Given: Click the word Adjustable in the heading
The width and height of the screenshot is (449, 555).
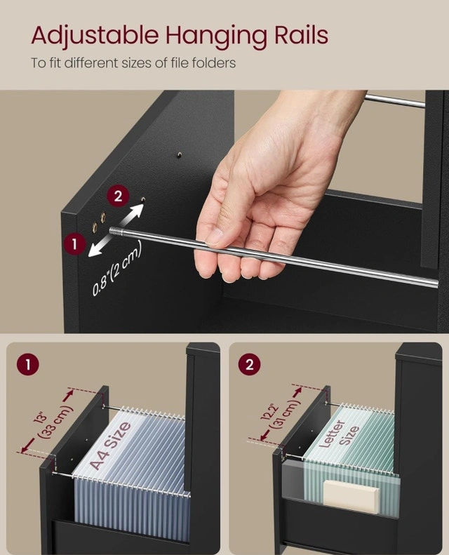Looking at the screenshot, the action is [x=95, y=35].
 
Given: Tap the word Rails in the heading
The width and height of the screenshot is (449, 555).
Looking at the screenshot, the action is [x=301, y=35].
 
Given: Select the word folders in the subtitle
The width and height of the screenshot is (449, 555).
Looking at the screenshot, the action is [x=214, y=63].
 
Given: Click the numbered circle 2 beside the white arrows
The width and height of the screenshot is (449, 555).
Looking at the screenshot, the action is [x=118, y=196].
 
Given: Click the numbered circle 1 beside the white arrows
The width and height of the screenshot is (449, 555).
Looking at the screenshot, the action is [x=74, y=243].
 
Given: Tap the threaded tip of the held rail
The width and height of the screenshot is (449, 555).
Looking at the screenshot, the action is [x=115, y=231].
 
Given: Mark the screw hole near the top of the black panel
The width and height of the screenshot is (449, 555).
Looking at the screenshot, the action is [x=180, y=154].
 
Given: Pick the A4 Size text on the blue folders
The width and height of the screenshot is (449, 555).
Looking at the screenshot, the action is [x=110, y=446].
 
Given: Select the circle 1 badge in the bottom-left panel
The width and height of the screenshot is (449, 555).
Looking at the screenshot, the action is [x=27, y=365].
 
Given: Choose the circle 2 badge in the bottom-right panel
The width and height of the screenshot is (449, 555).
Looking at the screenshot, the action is [x=250, y=365].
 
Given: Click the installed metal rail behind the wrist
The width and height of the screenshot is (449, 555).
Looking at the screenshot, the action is [x=394, y=100].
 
